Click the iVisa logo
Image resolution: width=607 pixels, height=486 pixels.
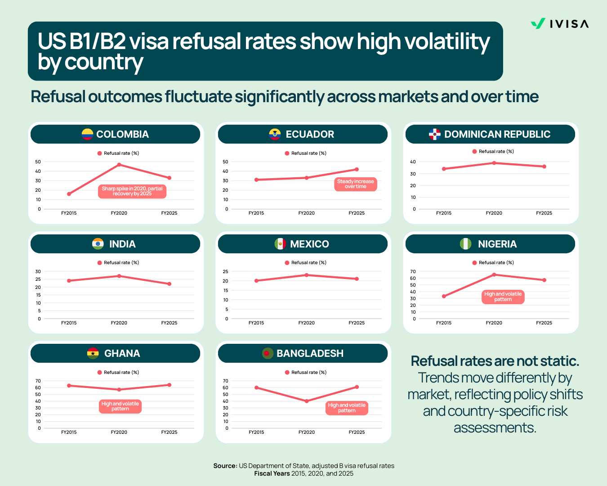(x=559, y=24)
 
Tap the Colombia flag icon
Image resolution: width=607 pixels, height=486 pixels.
(x=87, y=134)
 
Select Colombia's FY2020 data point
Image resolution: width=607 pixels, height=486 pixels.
(x=119, y=165)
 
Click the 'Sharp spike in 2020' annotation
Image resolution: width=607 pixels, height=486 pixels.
(x=132, y=191)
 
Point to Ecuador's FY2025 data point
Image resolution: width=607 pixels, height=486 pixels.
(x=357, y=170)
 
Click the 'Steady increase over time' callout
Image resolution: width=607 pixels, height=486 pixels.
(x=355, y=184)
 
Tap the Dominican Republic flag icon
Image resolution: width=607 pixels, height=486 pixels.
(x=435, y=134)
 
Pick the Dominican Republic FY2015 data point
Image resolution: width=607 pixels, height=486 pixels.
(x=444, y=169)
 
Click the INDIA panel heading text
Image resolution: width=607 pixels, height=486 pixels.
(x=122, y=244)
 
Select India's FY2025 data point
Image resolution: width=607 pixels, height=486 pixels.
(x=170, y=284)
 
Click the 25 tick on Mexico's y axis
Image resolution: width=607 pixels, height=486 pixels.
(x=225, y=271)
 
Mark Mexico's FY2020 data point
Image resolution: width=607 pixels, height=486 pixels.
(x=307, y=275)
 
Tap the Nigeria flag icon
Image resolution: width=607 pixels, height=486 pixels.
(x=466, y=244)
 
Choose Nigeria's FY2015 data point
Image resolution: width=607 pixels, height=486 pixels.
(x=444, y=297)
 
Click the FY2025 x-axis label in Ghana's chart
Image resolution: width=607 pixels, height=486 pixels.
(x=169, y=432)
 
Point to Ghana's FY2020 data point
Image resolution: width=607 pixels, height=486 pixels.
(x=119, y=390)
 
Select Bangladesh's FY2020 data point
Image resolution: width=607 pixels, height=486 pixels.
(x=307, y=401)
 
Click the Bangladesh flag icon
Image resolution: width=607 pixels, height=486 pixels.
(x=268, y=353)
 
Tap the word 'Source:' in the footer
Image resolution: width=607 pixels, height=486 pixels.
(x=225, y=466)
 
